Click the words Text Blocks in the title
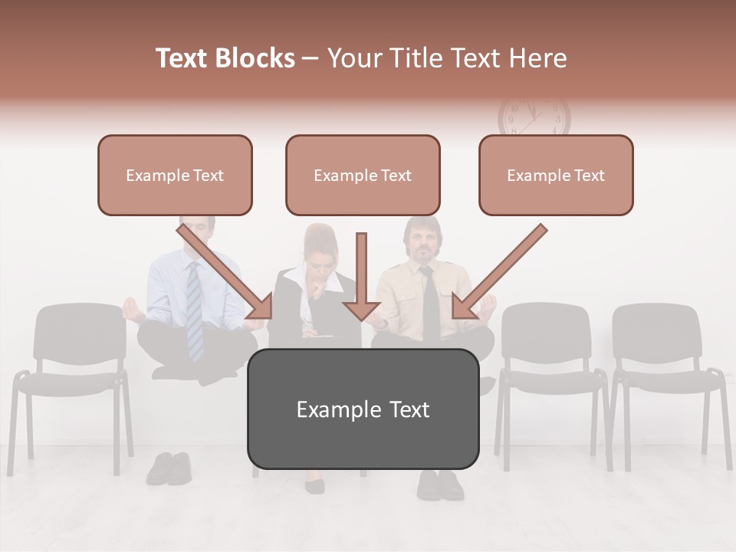225,58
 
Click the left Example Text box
175,175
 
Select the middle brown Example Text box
363,175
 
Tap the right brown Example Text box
556,175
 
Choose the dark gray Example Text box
363,409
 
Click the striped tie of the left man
195,310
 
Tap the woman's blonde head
322,245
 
